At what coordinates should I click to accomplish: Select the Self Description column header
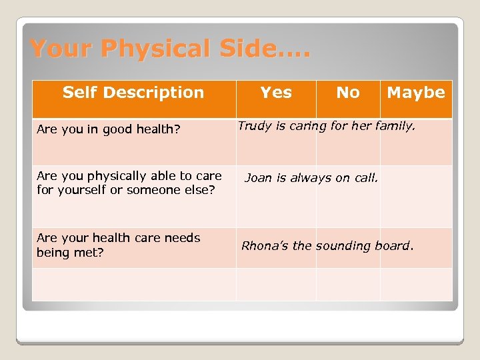133,93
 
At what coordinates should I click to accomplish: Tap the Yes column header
276,93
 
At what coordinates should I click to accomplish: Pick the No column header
348,93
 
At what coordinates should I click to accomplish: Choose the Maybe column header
416,93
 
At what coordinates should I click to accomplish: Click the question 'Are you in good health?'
109,129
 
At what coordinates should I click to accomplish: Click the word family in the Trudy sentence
397,126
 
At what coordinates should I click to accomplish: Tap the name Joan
259,177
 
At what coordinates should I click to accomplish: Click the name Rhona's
265,245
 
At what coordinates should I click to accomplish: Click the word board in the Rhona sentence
394,245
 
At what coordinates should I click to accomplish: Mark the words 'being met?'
70,253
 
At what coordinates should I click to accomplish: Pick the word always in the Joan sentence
313,177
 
